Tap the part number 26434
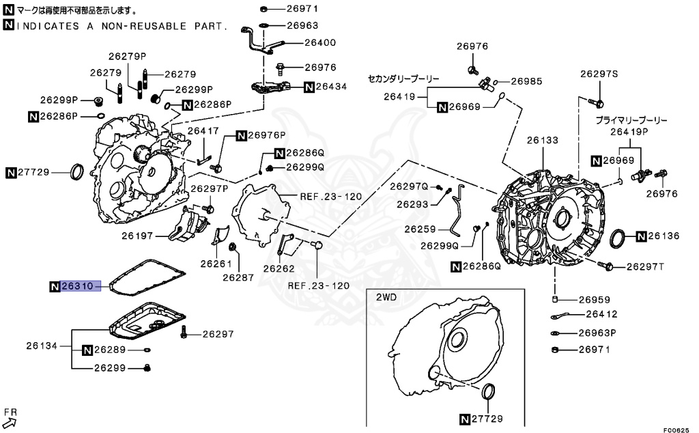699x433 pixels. (x=332, y=87)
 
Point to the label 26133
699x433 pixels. (x=542, y=140)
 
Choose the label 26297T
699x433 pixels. (x=648, y=266)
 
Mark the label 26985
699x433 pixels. (x=526, y=81)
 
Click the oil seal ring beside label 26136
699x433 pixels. (x=618, y=240)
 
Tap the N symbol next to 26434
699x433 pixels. (x=309, y=87)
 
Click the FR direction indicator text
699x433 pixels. (x=10, y=412)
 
